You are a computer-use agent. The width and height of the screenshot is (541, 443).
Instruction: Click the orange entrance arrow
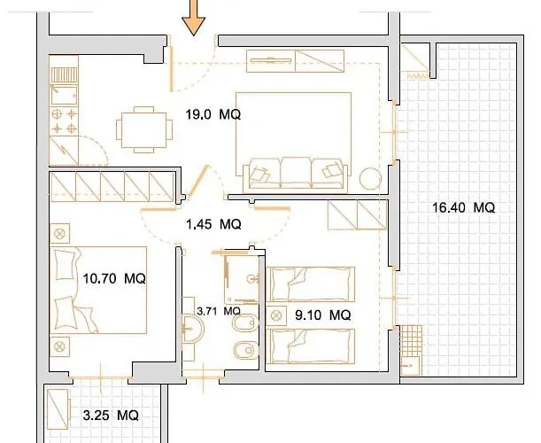pyautogui.click(x=194, y=17)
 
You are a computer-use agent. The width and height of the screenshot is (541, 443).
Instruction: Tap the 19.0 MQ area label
pyautogui.click(x=213, y=114)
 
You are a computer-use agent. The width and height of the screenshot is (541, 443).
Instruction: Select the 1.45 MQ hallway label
pyautogui.click(x=213, y=224)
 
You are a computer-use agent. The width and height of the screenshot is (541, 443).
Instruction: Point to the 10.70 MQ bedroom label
pyautogui.click(x=114, y=278)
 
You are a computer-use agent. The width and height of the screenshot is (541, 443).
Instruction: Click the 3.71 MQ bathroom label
pyautogui.click(x=219, y=311)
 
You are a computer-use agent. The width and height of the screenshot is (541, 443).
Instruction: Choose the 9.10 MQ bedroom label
pyautogui.click(x=323, y=315)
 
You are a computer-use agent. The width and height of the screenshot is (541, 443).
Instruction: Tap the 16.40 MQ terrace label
pyautogui.click(x=463, y=207)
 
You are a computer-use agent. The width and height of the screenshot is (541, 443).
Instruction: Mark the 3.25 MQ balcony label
pyautogui.click(x=111, y=415)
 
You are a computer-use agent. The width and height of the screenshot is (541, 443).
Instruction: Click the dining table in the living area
pyautogui.click(x=144, y=129)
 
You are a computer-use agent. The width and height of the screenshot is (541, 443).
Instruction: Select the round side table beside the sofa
pyautogui.click(x=371, y=178)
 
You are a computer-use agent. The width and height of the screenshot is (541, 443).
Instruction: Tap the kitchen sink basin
pyautogui.click(x=64, y=95)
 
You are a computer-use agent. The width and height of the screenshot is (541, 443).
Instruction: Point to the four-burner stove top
pyautogui.click(x=64, y=121)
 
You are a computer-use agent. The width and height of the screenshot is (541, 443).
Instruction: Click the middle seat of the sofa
pyautogui.click(x=296, y=172)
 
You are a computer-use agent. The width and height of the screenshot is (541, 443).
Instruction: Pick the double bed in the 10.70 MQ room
pyautogui.click(x=98, y=290)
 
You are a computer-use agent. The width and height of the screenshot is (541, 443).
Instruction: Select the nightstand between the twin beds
pyautogui.click(x=276, y=315)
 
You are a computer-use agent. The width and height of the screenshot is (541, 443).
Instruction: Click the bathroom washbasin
pyautogui.click(x=192, y=328)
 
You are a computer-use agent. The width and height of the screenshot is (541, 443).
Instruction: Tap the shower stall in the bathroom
pyautogui.click(x=242, y=279)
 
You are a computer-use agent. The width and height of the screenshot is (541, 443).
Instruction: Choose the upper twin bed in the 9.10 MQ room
pyautogui.click(x=311, y=284)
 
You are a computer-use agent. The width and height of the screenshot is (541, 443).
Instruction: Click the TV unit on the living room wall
pyautogui.click(x=296, y=61)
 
